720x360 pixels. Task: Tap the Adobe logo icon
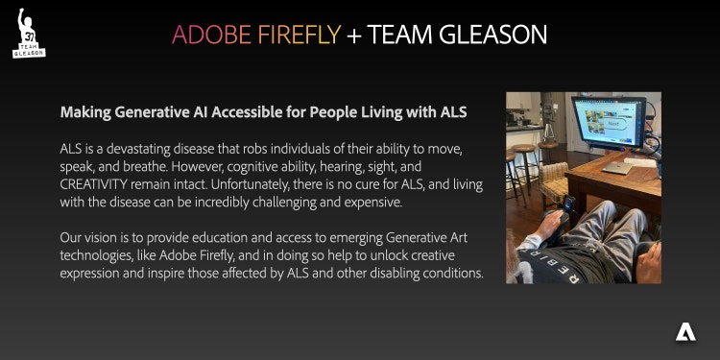point(685,332)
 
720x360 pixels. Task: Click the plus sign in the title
point(354,36)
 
